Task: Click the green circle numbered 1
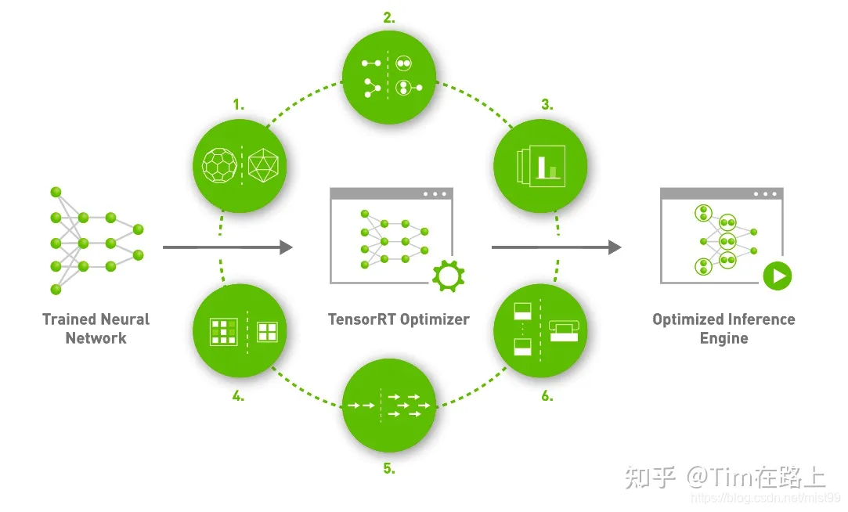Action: point(240,164)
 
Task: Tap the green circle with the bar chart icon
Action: point(540,165)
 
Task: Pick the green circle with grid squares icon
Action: point(240,330)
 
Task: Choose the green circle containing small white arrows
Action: point(389,406)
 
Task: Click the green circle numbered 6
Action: point(540,330)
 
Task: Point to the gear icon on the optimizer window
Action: point(449,275)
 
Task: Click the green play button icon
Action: point(778,276)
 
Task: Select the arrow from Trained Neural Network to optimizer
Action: point(227,247)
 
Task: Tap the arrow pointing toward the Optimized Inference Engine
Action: point(556,247)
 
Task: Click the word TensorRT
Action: point(363,319)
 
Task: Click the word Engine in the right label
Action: point(724,338)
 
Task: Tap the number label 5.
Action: point(389,469)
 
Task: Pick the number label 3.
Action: point(547,104)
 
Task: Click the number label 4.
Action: point(238,395)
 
